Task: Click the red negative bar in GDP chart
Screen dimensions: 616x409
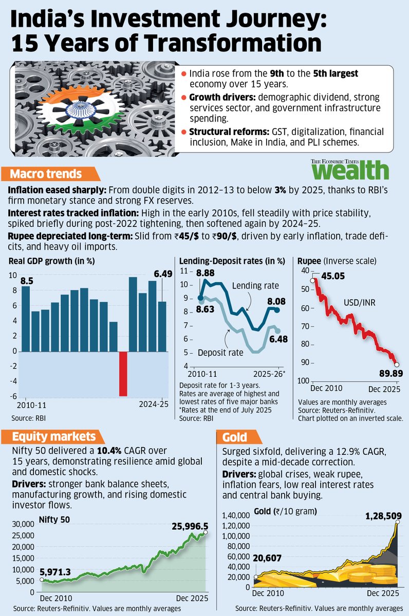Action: tap(123, 373)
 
